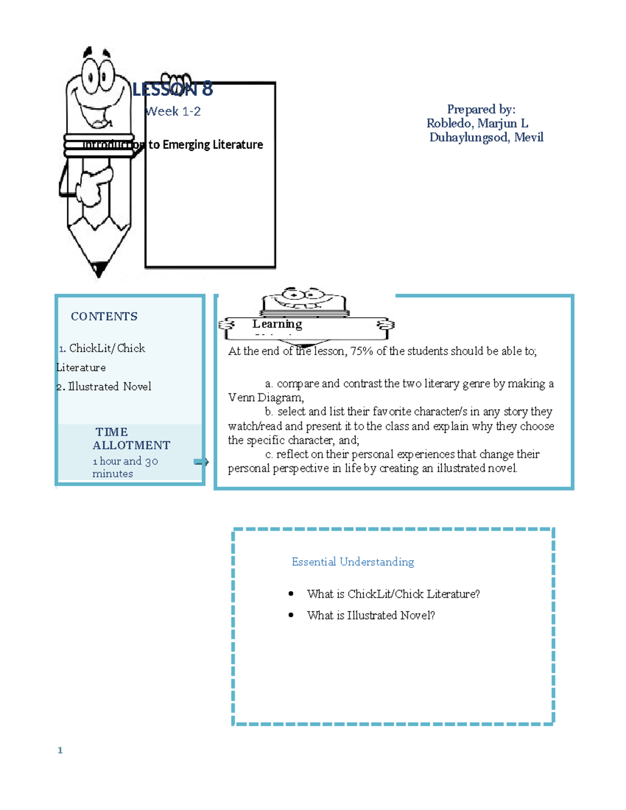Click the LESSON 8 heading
click(173, 90)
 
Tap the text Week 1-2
click(173, 111)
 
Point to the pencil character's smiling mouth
click(97, 112)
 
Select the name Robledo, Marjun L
click(477, 123)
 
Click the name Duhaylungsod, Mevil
click(486, 137)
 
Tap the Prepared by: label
click(481, 109)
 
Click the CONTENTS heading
click(104, 316)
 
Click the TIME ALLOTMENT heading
click(131, 439)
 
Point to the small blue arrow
click(201, 462)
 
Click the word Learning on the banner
click(277, 324)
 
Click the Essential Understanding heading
click(353, 562)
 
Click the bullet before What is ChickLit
click(291, 594)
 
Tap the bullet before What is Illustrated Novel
click(291, 615)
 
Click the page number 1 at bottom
click(60, 750)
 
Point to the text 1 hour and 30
click(125, 461)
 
